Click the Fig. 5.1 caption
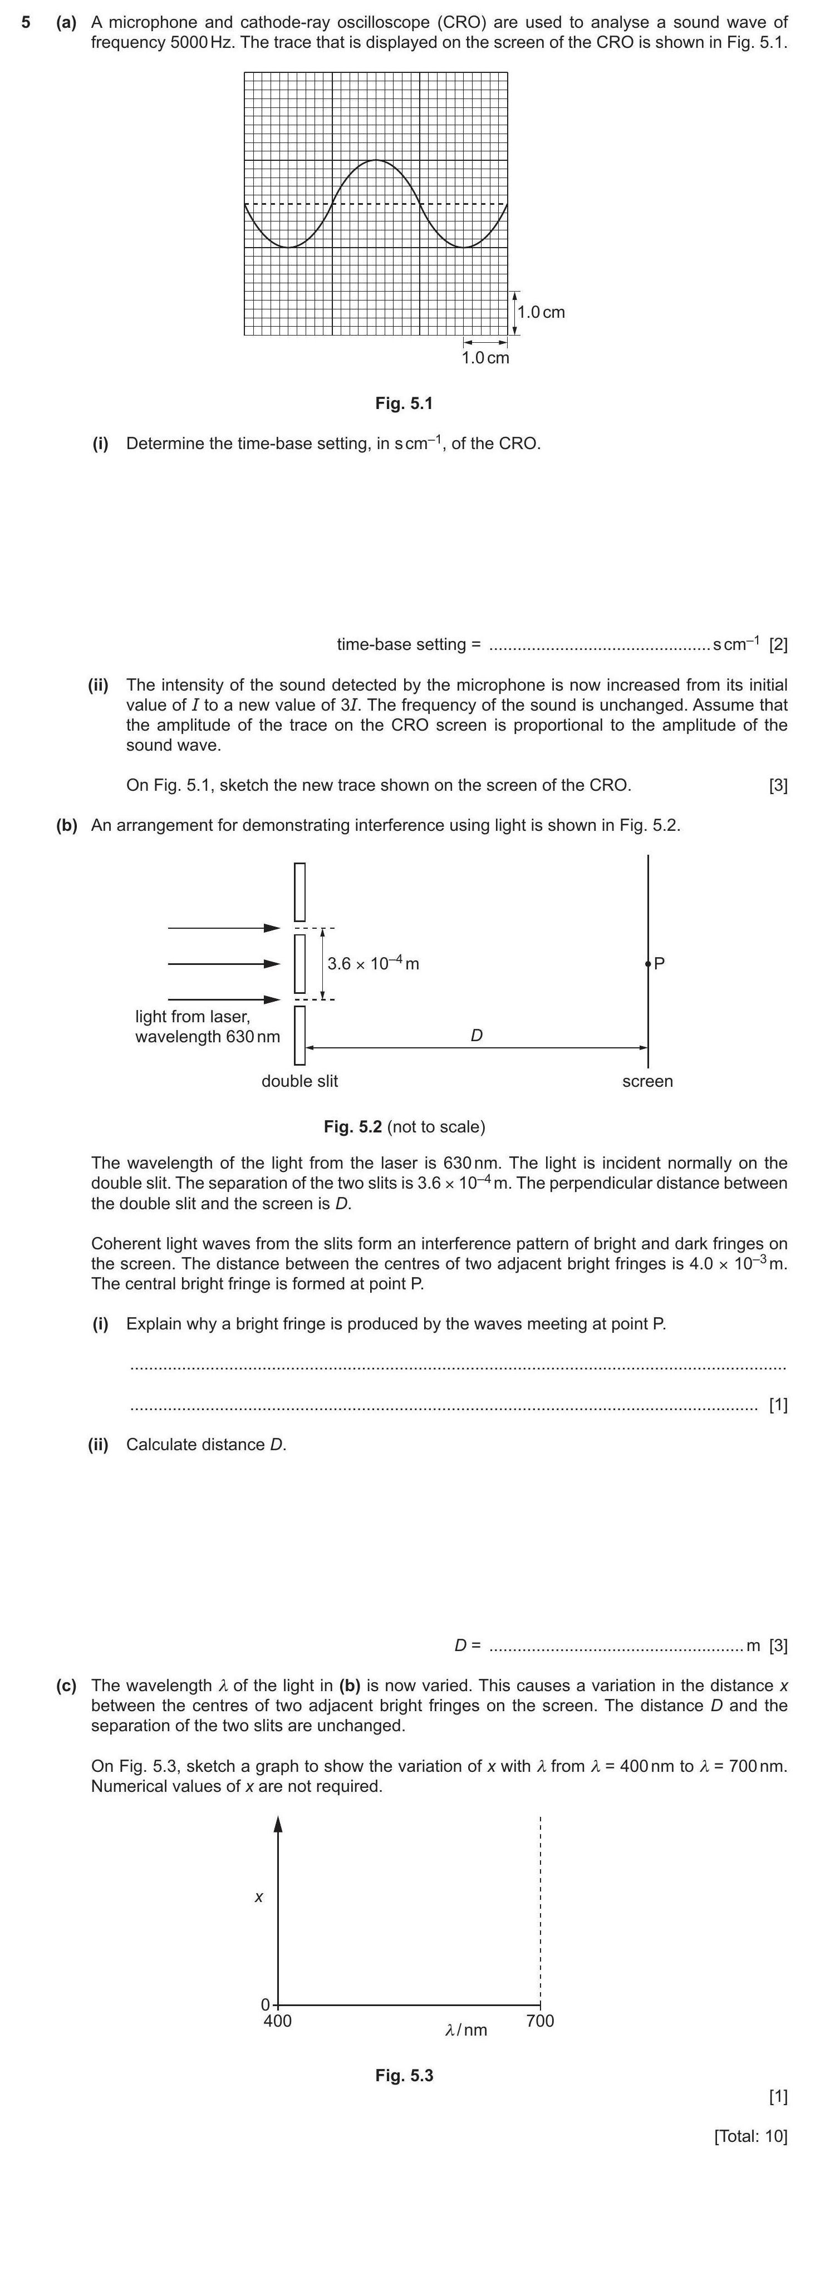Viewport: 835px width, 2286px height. [404, 404]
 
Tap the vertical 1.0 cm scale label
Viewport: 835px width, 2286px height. [541, 312]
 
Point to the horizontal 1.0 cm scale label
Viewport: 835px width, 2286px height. [485, 358]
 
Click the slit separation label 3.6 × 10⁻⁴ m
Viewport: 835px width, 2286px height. [373, 964]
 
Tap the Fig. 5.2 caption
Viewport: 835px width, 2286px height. [404, 1127]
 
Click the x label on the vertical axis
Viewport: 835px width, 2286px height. [258, 1898]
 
